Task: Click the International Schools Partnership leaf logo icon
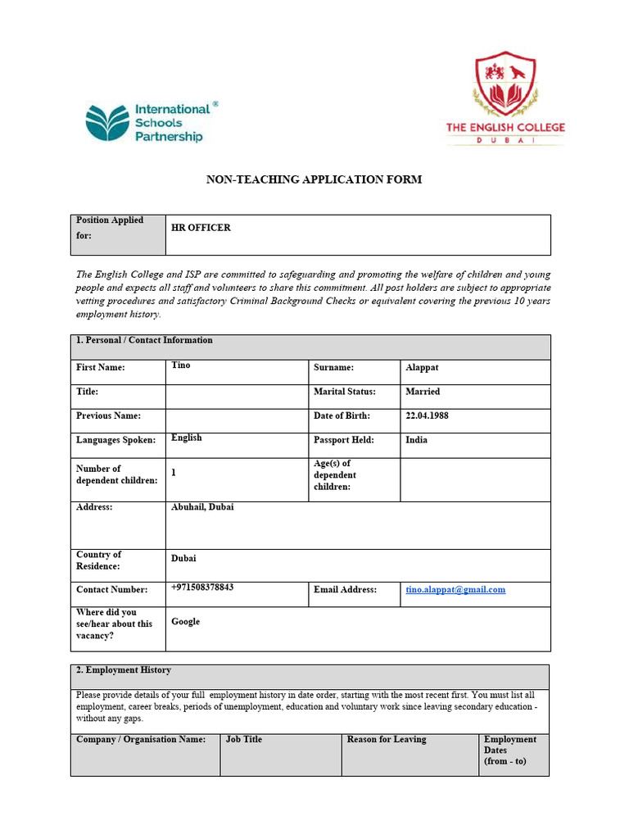tap(107, 123)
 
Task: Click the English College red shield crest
tap(505, 84)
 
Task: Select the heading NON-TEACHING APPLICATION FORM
tap(314, 179)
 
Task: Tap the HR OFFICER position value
tap(201, 228)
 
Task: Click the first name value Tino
tap(180, 365)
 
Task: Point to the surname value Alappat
tap(422, 368)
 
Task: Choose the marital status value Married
tap(423, 392)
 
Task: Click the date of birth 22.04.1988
tap(427, 415)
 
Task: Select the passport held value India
tap(416, 440)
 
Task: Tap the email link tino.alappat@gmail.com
tap(455, 590)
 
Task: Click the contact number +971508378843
tap(202, 587)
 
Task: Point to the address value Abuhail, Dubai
tap(202, 507)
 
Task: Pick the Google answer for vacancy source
tap(185, 622)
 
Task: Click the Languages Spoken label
tap(115, 441)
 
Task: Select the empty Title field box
tap(237, 397)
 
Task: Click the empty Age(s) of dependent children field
tap(475, 479)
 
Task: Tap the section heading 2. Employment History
tap(124, 670)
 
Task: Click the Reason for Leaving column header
tap(387, 740)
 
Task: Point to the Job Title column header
tap(244, 740)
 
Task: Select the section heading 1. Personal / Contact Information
tap(144, 340)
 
